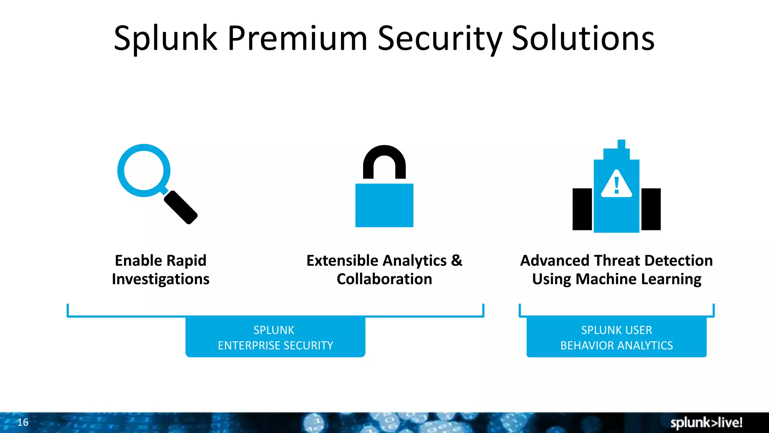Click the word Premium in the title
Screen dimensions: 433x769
(x=297, y=38)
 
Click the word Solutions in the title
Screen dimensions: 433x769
(x=583, y=38)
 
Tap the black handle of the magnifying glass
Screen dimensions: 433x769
(x=181, y=207)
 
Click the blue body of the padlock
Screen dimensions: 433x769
(x=384, y=205)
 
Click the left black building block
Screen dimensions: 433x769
(x=582, y=209)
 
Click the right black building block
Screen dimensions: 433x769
(x=651, y=209)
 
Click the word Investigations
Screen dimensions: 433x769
(x=161, y=279)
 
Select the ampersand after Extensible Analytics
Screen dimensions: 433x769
(x=456, y=260)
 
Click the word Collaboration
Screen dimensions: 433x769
(x=384, y=279)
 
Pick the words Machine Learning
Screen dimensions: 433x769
(x=638, y=279)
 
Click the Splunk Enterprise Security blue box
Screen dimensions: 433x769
(x=275, y=337)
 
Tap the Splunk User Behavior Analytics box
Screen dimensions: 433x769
(x=616, y=337)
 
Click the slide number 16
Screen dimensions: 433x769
(x=23, y=422)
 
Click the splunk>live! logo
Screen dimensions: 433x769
(x=706, y=422)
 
